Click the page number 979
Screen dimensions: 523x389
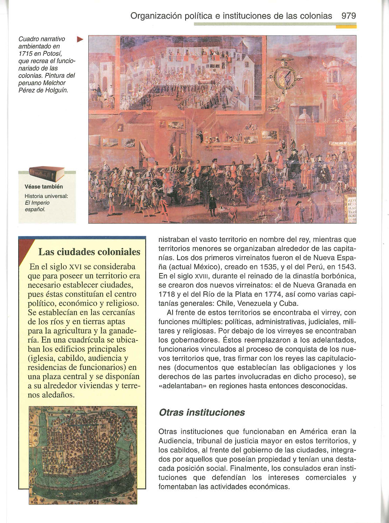(x=348, y=16)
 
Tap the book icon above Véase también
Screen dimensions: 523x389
(x=47, y=174)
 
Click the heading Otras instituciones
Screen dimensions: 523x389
(x=202, y=412)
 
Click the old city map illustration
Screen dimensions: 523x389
(x=83, y=455)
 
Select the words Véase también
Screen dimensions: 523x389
(x=44, y=187)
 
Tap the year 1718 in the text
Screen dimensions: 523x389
(x=167, y=294)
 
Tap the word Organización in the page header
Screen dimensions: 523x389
(x=156, y=16)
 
